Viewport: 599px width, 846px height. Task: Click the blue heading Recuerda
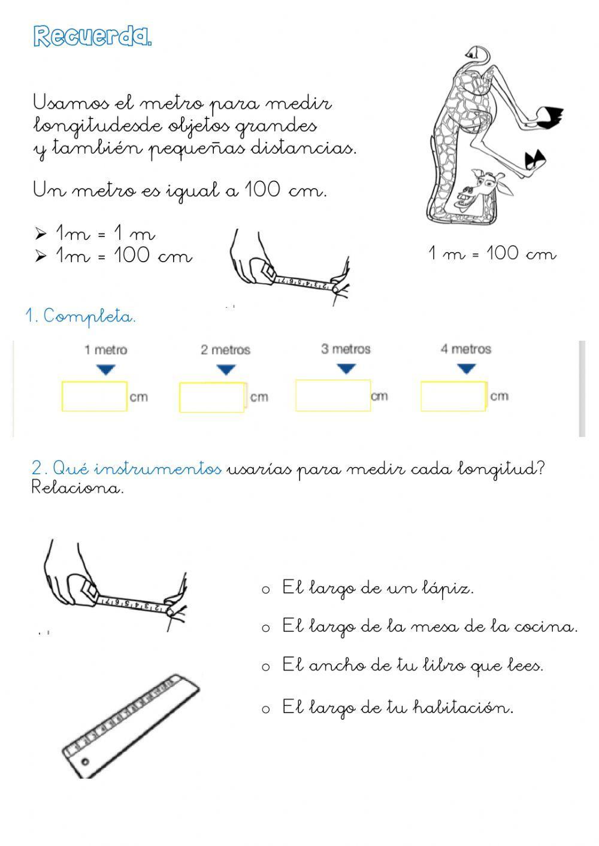tap(92, 37)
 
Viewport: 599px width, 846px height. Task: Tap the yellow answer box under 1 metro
tap(94, 396)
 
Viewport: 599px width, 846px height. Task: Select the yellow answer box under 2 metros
tap(212, 398)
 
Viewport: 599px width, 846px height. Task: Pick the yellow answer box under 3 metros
tap(332, 395)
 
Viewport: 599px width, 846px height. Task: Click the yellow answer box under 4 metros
tap(453, 396)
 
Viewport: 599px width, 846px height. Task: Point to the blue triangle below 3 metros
tap(346, 369)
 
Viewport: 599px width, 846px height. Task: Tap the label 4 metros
tap(465, 349)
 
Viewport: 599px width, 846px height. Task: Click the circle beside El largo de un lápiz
tap(266, 590)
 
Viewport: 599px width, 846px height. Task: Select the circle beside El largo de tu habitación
tap(266, 709)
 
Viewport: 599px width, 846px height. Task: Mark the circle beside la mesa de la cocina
tap(266, 628)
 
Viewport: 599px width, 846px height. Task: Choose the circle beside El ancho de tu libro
tap(266, 667)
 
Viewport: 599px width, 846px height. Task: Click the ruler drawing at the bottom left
tap(131, 724)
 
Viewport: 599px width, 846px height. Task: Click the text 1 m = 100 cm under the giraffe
tap(492, 254)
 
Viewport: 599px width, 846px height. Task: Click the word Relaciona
tap(77, 488)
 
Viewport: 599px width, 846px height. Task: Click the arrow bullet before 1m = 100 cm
tap(41, 256)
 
